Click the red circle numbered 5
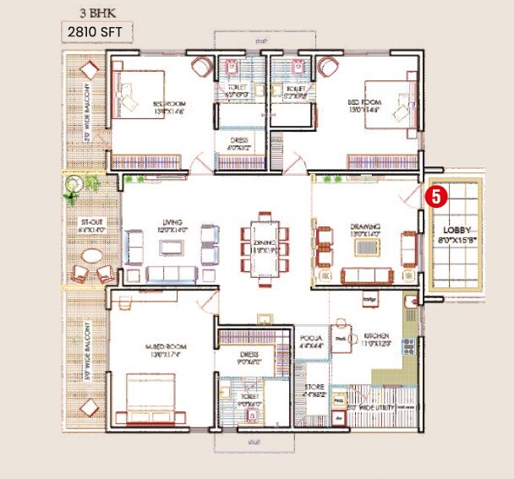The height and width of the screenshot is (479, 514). coord(435,197)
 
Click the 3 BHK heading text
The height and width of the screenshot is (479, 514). coord(93,12)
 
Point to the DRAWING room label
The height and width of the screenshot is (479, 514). coord(366,226)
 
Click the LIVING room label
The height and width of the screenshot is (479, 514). coord(172,226)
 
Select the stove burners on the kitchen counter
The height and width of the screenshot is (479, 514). coord(409,346)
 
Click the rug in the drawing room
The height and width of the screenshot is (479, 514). coord(366,248)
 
